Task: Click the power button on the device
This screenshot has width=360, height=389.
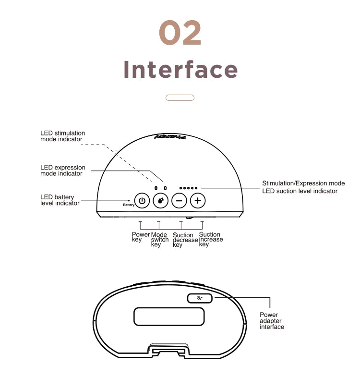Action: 142,200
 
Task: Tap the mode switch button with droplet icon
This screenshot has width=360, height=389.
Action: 161,200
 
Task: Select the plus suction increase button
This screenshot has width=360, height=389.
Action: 198,200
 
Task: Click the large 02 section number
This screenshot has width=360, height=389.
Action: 180,33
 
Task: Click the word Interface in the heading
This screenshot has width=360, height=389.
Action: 180,70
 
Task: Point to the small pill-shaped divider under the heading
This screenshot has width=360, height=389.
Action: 180,98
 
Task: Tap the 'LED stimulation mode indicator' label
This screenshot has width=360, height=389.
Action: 63,136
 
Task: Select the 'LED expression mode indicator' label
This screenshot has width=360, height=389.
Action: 63,170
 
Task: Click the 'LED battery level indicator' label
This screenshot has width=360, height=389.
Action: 60,200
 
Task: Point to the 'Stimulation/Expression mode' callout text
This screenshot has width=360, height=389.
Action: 303,183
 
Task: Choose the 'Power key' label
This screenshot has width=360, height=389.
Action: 141,237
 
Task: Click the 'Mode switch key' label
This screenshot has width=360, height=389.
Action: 160,240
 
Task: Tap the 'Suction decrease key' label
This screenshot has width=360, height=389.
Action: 185,240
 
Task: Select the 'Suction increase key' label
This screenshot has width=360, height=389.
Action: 211,239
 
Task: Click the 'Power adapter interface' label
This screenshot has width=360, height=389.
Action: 272,321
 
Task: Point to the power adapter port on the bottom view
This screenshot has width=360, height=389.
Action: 200,298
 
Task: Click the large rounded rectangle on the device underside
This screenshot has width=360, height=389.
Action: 169,316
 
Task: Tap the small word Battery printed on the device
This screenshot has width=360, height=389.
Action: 129,205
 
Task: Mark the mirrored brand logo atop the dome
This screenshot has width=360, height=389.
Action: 170,137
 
